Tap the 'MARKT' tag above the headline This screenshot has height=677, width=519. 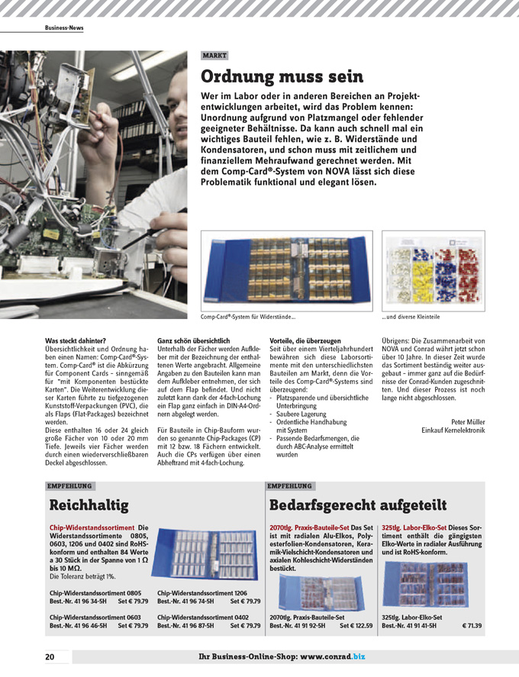pos(214,56)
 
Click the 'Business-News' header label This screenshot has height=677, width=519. pos(64,27)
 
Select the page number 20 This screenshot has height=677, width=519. pos(50,656)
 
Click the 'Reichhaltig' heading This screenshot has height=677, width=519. pos(89,505)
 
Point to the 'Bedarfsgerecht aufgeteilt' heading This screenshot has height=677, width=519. pos(358,505)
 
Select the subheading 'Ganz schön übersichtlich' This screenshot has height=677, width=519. pos(193,340)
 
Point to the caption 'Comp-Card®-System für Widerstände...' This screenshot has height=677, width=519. pos(248,317)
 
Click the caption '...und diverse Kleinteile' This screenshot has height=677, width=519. pos(411,317)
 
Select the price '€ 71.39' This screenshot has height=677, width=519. pos(472,626)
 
